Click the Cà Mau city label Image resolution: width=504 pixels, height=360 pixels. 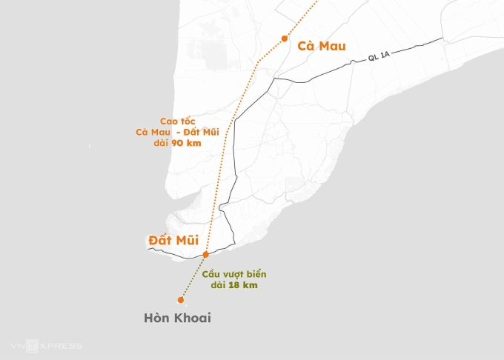tap(321, 46)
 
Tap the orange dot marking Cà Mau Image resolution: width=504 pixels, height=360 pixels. tap(285, 39)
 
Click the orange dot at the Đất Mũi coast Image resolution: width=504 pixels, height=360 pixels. tap(206, 254)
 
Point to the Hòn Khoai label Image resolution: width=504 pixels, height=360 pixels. tap(177, 318)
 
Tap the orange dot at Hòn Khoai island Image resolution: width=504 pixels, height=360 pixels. tap(180, 300)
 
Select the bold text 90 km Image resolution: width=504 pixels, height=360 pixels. tap(181, 143)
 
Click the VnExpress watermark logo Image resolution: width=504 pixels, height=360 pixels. tap(46, 346)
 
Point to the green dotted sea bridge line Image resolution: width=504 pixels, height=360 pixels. tap(193, 276)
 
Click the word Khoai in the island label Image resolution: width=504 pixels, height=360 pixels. tap(193, 318)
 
